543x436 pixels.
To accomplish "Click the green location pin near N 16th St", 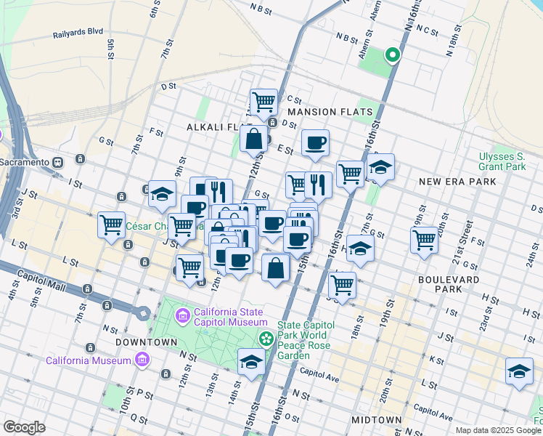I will tap(393, 54).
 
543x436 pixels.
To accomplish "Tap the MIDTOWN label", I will tap(376, 420).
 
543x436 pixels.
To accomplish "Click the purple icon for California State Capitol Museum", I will tap(182, 315).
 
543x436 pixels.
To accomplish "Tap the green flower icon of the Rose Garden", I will tap(266, 337).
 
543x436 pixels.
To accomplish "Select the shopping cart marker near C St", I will tap(264, 101).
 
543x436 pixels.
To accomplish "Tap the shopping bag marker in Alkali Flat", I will tap(254, 137).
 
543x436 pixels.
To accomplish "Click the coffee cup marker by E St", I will tap(315, 142).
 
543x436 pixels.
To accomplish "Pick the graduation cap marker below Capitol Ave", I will tap(251, 362).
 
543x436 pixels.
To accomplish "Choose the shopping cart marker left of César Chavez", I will tap(111, 225).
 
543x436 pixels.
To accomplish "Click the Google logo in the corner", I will tap(24, 427).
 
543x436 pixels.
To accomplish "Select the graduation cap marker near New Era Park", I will tap(380, 167).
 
